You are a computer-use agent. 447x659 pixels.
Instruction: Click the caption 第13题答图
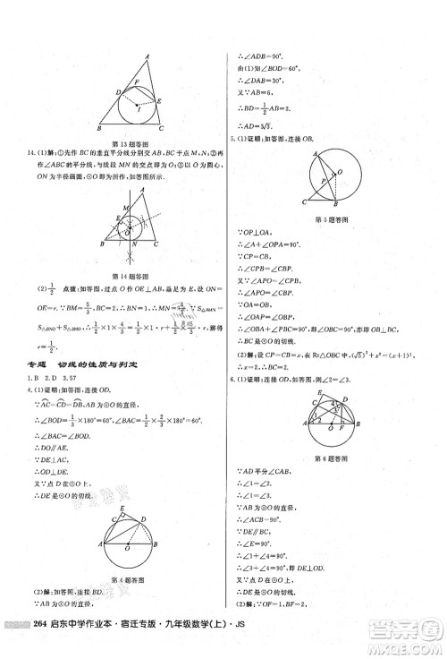coord(133,143)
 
